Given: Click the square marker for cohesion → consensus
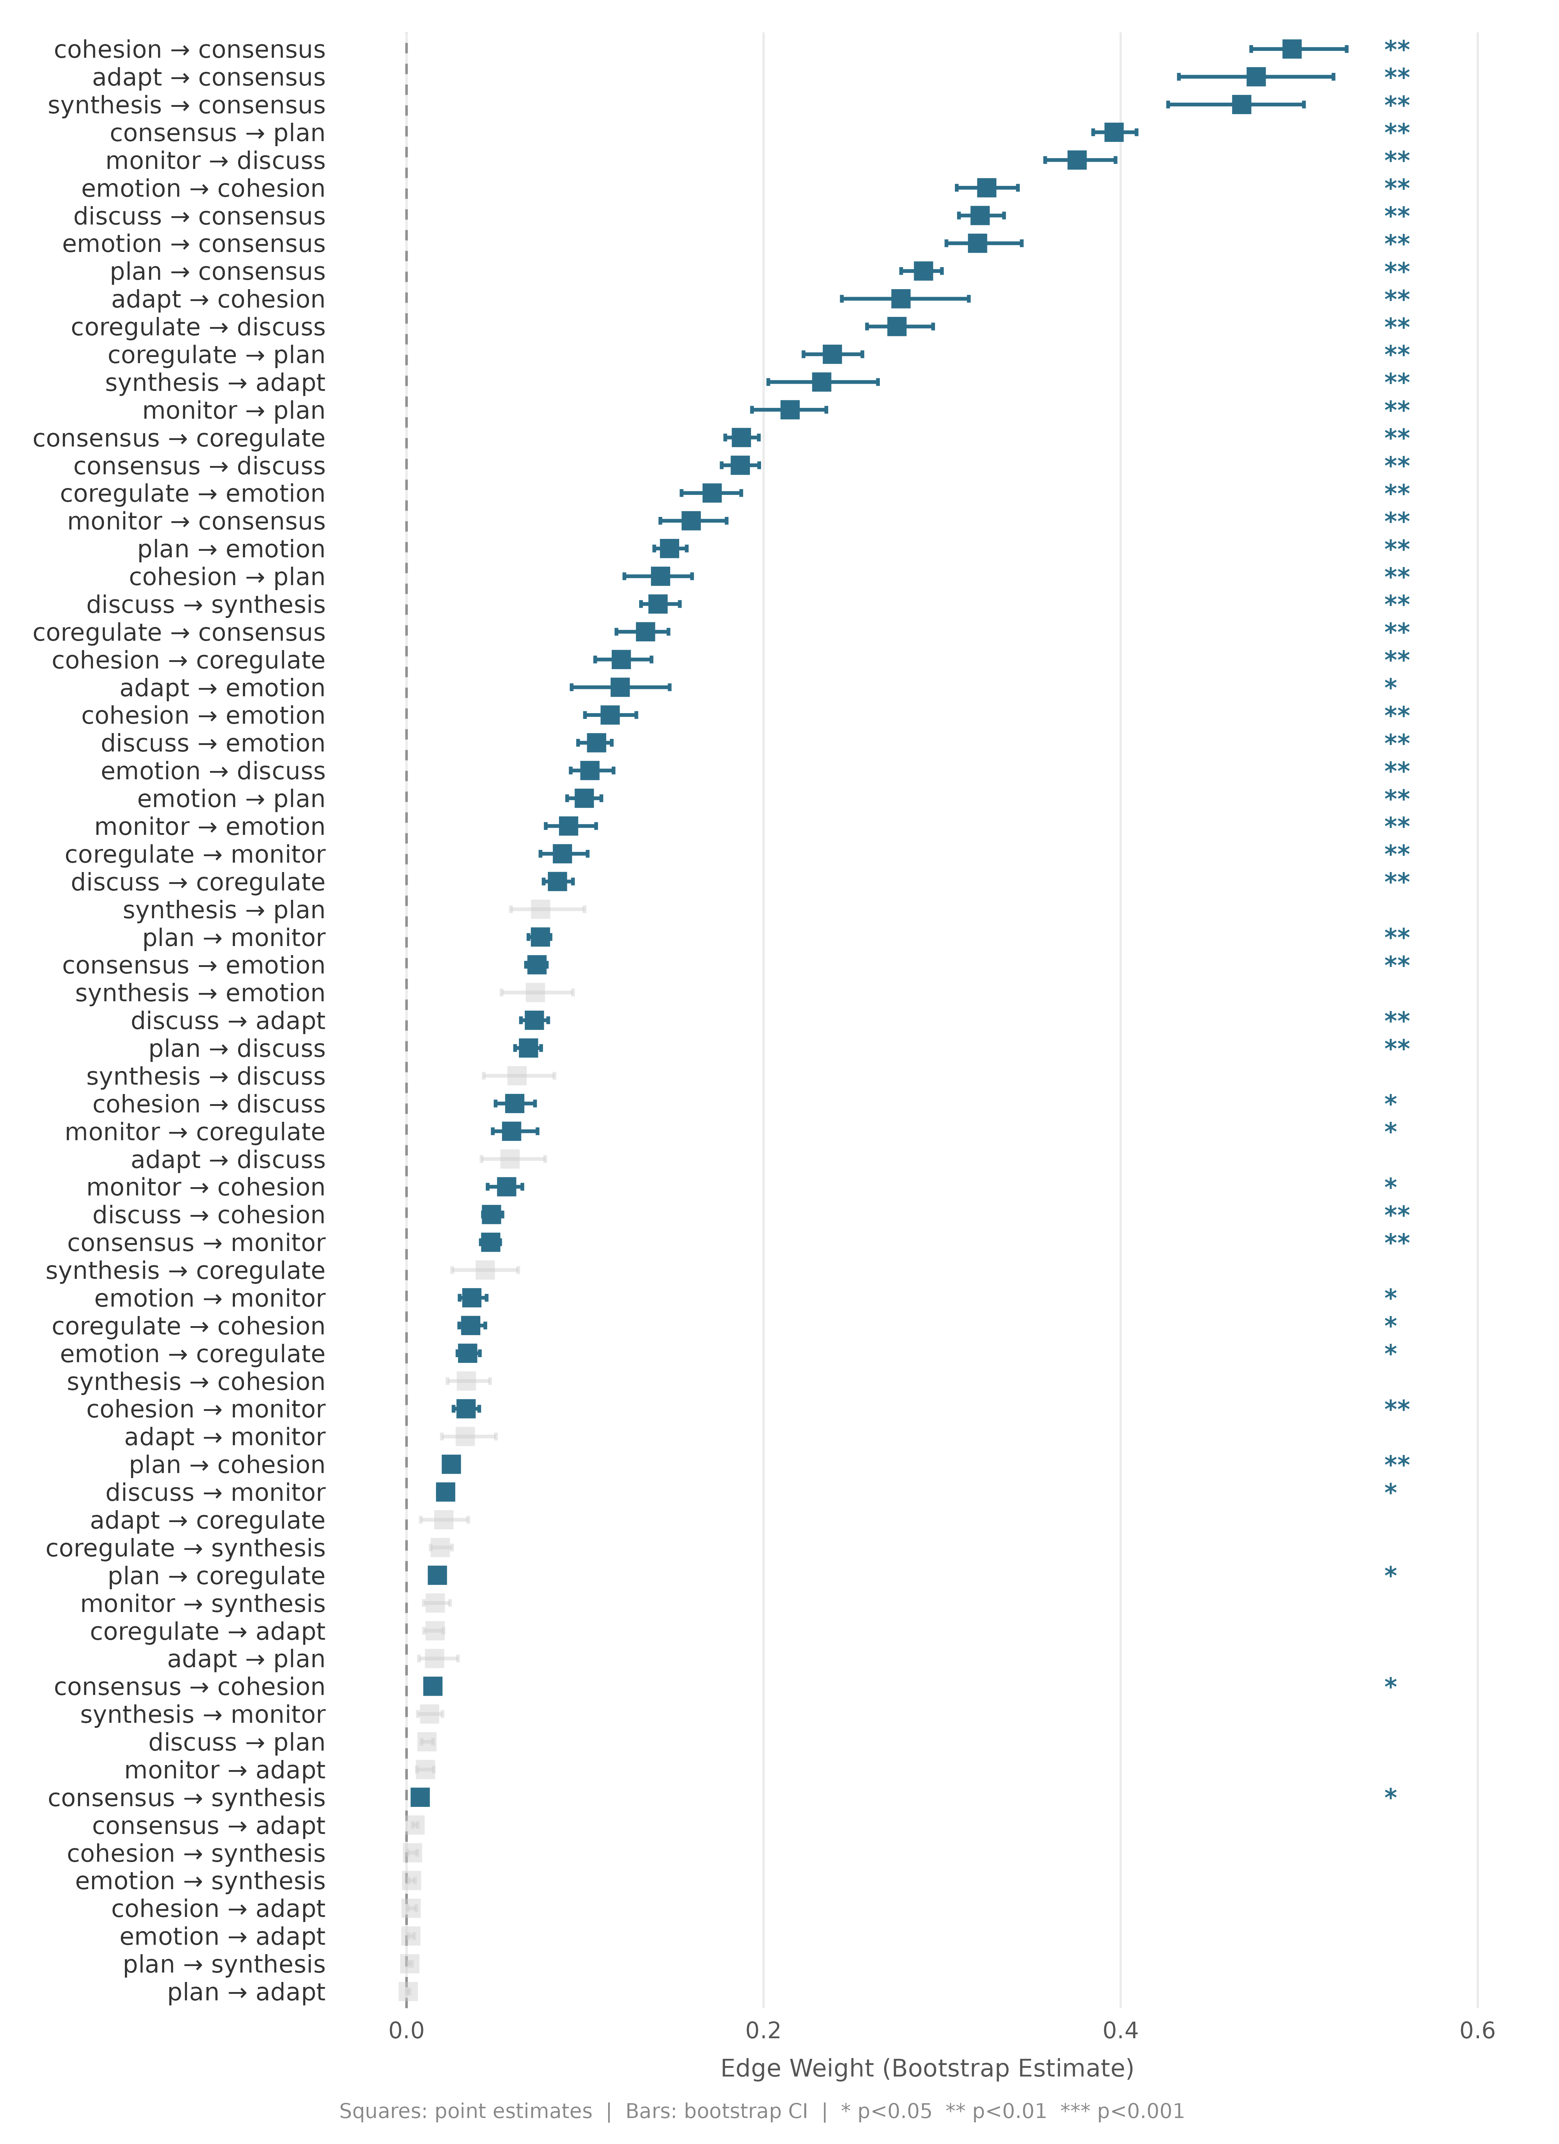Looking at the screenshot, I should click(1292, 49).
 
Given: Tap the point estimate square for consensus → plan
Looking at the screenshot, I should click(1114, 132).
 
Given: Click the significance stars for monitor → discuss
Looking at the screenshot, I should click(1396, 159).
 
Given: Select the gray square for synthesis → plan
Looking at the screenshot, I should click(540, 910).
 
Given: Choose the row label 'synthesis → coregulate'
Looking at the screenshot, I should click(185, 1271).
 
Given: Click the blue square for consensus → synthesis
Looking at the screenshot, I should click(420, 1797).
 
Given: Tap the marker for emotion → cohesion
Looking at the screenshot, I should click(986, 187).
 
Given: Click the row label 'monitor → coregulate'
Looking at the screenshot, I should click(195, 1132).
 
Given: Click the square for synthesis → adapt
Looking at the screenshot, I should click(822, 382).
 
